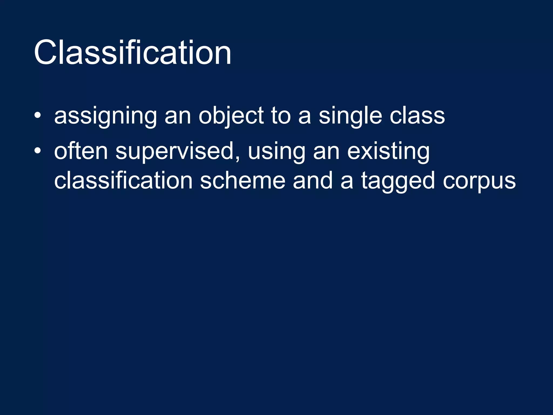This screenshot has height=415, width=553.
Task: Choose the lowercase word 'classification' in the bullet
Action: point(123,180)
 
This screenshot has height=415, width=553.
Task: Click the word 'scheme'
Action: point(242,180)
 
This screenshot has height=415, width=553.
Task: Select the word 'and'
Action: point(312,180)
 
